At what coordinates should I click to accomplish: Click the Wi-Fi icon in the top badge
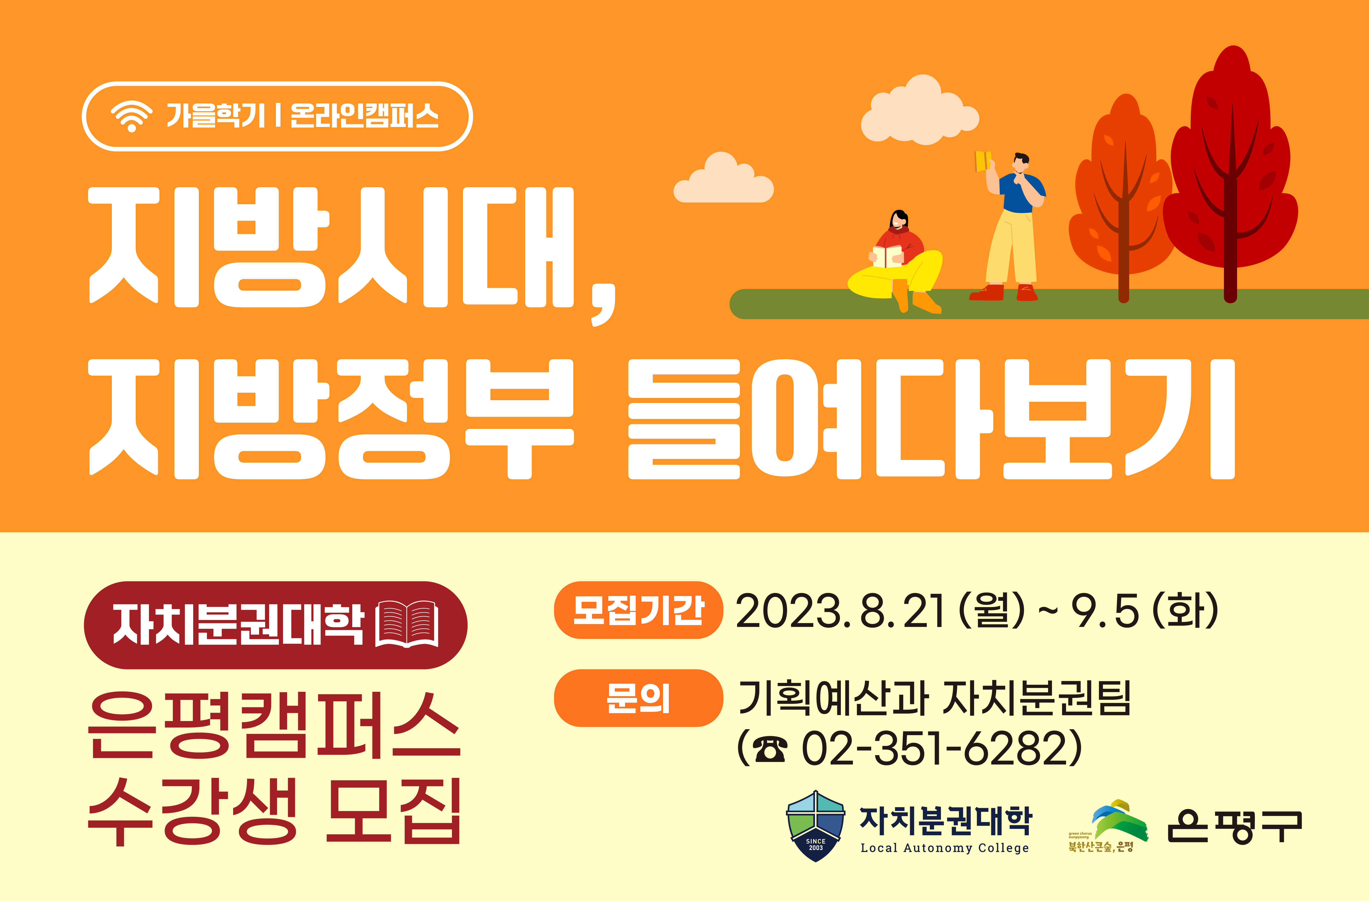tap(132, 116)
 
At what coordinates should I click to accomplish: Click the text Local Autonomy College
tap(944, 848)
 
